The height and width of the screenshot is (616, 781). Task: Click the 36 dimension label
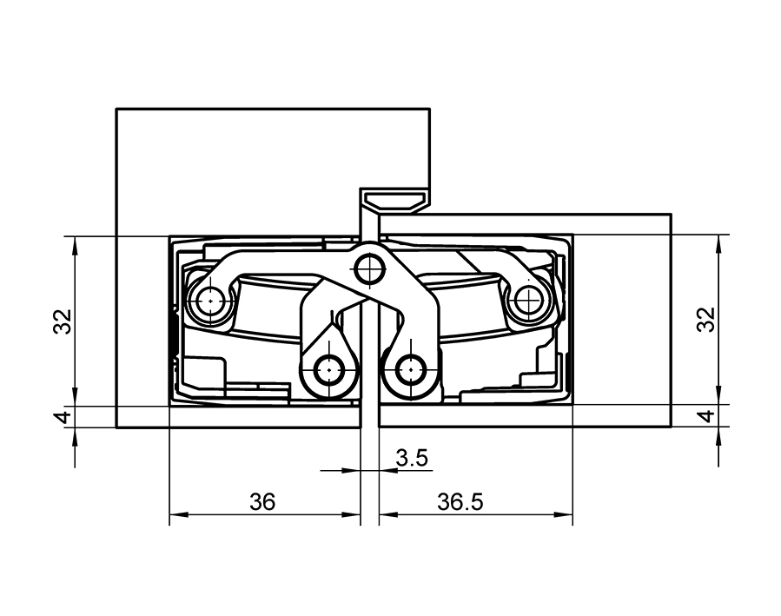pos(261,502)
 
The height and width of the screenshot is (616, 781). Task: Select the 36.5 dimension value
pos(460,502)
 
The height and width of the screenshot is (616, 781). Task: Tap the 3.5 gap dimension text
pos(412,458)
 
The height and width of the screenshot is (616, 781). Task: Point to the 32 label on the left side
pos(62,321)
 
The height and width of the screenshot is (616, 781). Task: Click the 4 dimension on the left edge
pos(62,417)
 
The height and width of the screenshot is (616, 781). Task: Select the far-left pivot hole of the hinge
pos(208,302)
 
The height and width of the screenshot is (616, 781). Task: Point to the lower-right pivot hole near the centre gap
pos(411,371)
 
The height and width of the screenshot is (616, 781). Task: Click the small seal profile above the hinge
pos(395,200)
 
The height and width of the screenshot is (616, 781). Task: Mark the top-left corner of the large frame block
pos(117,109)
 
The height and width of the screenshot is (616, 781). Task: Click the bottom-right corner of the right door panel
pos(672,427)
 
